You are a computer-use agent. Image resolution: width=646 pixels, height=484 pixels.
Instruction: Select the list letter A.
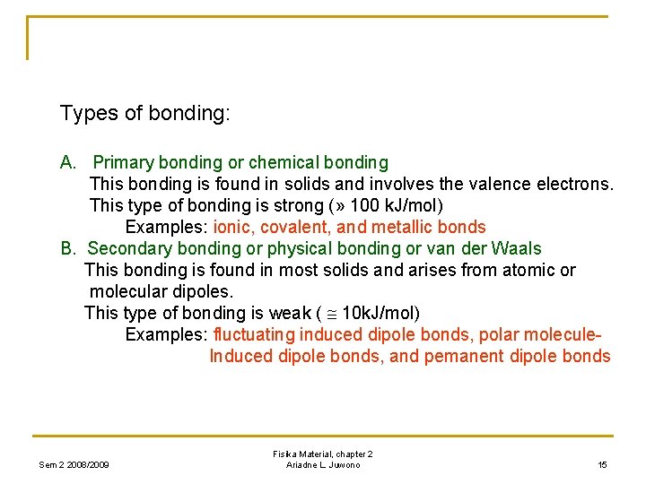tap(67, 162)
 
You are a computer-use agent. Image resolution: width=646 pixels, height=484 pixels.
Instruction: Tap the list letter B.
tap(66, 248)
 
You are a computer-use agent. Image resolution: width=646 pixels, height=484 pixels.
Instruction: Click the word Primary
tap(123, 162)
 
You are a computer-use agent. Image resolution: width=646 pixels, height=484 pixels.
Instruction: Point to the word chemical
tap(281, 162)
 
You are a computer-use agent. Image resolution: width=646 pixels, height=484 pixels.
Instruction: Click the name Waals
tap(518, 248)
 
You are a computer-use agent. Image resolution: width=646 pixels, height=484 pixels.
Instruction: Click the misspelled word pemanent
tap(466, 356)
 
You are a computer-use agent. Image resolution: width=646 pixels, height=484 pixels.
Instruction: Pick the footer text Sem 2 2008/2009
tap(74, 464)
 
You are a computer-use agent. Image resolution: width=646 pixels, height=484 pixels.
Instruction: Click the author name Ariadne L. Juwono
tap(323, 464)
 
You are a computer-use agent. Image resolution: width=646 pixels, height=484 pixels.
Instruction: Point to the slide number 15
tap(602, 464)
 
